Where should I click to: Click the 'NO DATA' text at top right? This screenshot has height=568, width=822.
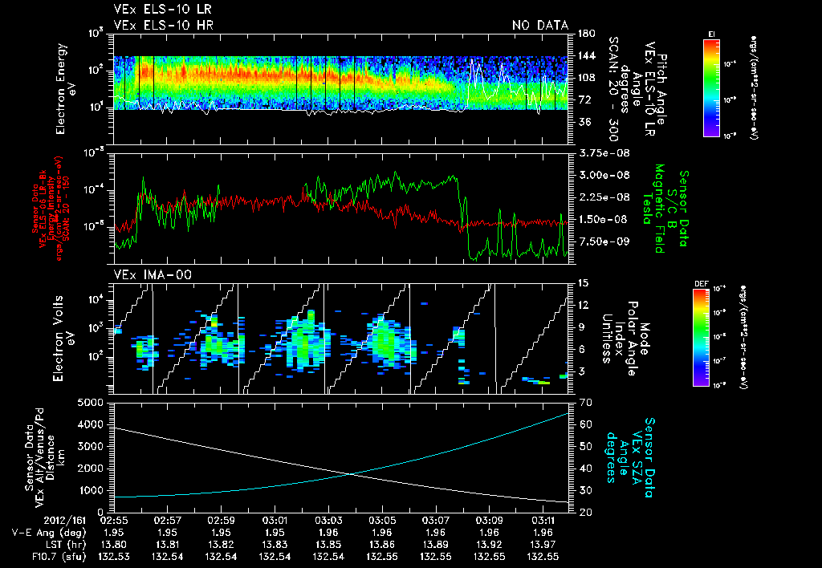539,26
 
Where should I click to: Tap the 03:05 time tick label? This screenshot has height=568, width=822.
381,519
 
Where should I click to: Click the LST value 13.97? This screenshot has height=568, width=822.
543,544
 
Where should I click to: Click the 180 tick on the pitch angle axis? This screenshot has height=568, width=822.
584,33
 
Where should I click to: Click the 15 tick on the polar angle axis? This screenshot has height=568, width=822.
582,282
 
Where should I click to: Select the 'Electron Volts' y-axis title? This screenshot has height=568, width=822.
61,337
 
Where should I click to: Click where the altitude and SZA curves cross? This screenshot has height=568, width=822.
350,474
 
